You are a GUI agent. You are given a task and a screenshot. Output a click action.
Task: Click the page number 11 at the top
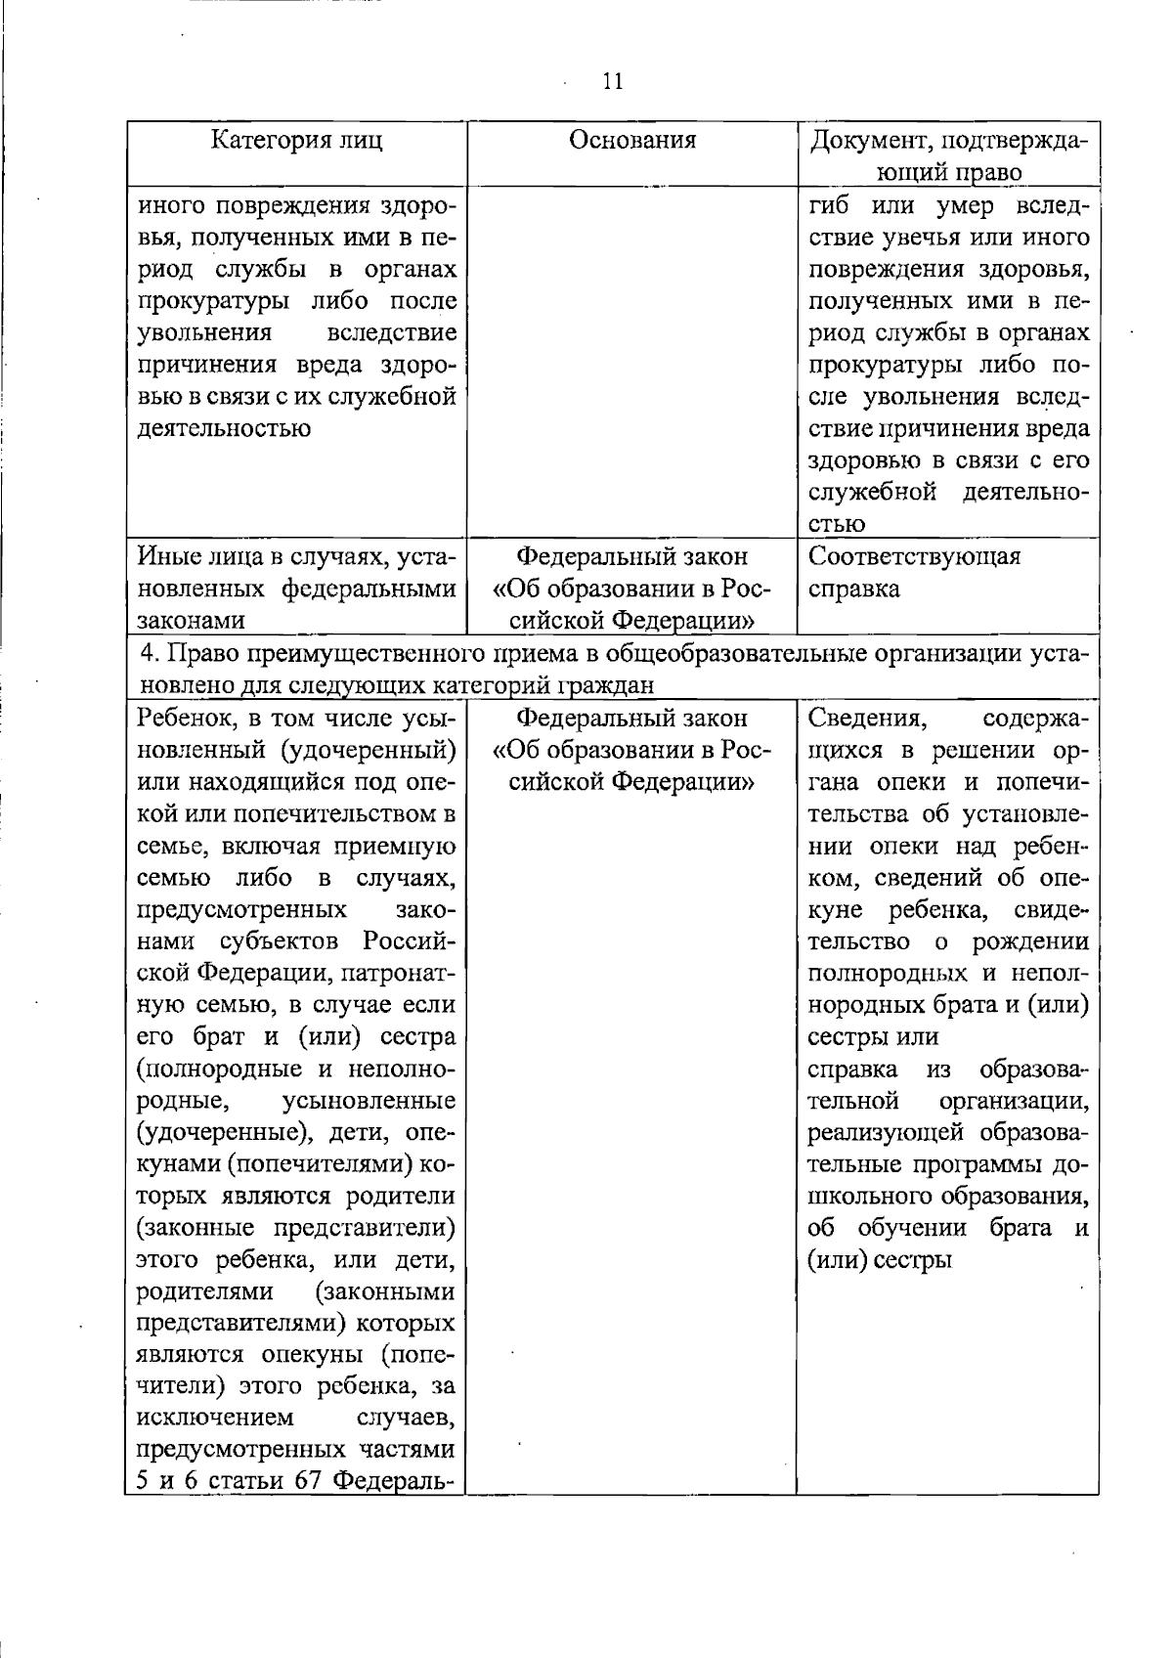(x=613, y=81)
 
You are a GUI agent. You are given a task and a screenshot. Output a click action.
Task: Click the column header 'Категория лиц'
(x=297, y=140)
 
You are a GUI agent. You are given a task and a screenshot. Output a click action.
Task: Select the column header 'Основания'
(x=632, y=140)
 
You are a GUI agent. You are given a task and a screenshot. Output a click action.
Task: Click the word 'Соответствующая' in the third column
(x=915, y=557)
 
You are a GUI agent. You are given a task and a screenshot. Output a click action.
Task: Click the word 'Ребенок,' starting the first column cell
(x=182, y=719)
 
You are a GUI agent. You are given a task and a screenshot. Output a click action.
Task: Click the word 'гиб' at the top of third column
(x=828, y=206)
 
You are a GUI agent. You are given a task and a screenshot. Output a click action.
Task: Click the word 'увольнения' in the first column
(x=203, y=333)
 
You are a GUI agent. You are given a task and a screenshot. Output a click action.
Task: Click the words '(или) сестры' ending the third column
(x=879, y=1260)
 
